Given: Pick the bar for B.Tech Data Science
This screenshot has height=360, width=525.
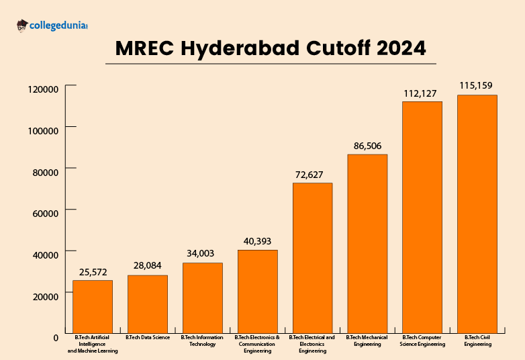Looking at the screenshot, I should point(148,304).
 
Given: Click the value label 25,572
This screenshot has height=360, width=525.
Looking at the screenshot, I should point(93,272).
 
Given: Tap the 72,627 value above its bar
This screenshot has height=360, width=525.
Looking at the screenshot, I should point(313,175).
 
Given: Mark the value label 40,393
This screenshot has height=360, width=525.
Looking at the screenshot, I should point(258,241).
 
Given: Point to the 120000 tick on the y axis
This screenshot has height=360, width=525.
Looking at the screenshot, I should point(44,88).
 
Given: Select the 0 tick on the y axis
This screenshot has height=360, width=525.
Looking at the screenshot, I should point(56,337).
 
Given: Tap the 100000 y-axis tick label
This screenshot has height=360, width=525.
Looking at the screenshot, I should point(44,130).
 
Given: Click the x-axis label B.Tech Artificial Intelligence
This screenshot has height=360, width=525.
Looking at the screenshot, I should point(93,344).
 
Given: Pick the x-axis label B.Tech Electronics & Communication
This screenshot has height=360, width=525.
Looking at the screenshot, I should point(258,344).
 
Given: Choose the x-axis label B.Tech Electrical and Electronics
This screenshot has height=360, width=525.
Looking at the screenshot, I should point(313,344).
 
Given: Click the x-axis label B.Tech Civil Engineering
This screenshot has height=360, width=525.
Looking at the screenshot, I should point(477,341).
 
